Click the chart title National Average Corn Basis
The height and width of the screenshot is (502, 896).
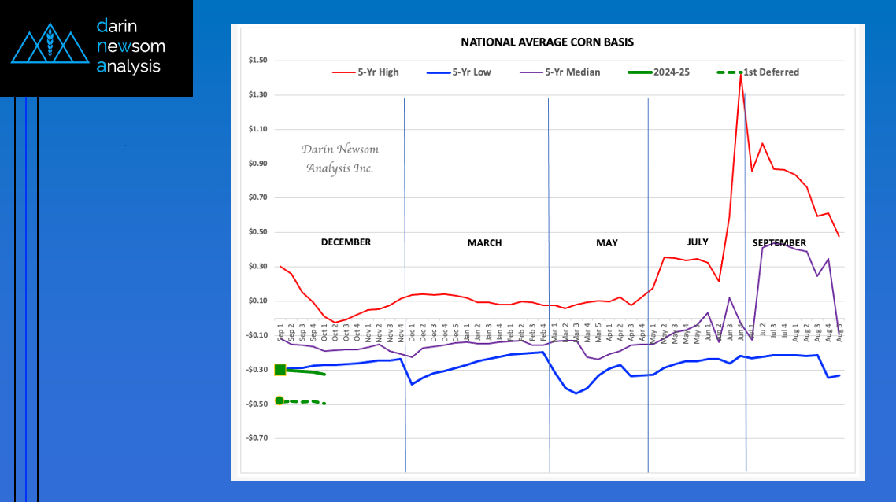tap(546, 42)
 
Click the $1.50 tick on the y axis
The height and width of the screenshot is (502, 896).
tap(257, 61)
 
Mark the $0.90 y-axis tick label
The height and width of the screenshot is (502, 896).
tap(257, 164)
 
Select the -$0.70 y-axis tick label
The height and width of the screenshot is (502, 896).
tap(257, 438)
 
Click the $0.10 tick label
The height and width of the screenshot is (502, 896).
tap(257, 301)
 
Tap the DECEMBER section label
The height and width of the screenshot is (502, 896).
tap(346, 242)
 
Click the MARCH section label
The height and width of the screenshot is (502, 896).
tap(484, 243)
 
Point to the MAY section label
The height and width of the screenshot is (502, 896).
tap(606, 243)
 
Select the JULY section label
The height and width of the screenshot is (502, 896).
tap(697, 242)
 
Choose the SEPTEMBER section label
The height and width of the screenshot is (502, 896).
tap(779, 243)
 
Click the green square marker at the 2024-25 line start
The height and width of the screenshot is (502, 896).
tap(280, 370)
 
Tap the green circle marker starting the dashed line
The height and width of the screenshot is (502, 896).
tap(280, 400)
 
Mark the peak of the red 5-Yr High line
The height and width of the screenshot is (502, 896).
tap(741, 74)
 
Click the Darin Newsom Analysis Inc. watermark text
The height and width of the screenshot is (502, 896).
tap(339, 159)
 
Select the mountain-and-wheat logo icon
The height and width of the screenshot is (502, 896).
tap(49, 46)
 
